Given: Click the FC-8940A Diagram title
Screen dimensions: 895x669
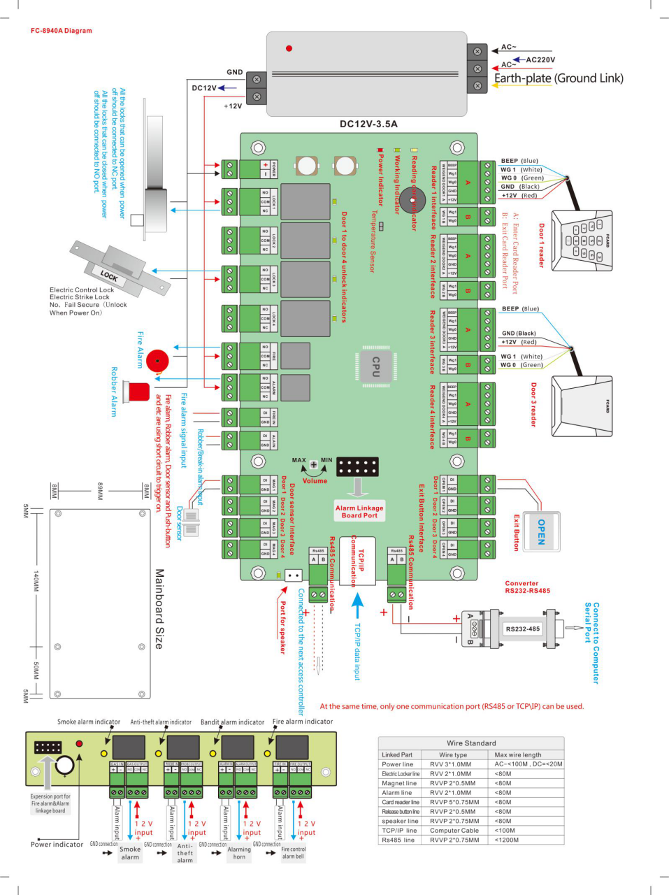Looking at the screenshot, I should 62,31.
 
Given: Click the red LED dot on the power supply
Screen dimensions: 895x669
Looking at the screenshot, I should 289,48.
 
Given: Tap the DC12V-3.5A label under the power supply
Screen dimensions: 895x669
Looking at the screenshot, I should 368,124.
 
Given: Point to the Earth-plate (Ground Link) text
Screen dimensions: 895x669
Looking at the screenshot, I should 559,78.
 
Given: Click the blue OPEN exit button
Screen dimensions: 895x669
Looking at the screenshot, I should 541,531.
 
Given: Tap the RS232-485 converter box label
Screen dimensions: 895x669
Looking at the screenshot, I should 523,629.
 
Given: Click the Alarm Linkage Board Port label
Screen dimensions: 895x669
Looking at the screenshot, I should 359,512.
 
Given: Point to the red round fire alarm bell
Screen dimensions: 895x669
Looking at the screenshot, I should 157,361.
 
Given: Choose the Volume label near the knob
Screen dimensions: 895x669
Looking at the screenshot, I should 315,481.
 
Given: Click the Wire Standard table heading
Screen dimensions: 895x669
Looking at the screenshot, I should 471,743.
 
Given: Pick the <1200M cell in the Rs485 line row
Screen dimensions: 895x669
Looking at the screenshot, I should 507,840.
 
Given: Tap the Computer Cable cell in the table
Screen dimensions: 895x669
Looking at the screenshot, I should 454,831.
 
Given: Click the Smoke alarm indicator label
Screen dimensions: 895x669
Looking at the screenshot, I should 89,722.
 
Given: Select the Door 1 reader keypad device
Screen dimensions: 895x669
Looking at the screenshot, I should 583,241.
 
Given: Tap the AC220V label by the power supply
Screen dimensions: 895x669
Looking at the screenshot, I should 540,60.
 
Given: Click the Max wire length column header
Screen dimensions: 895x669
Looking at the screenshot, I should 518,754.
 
